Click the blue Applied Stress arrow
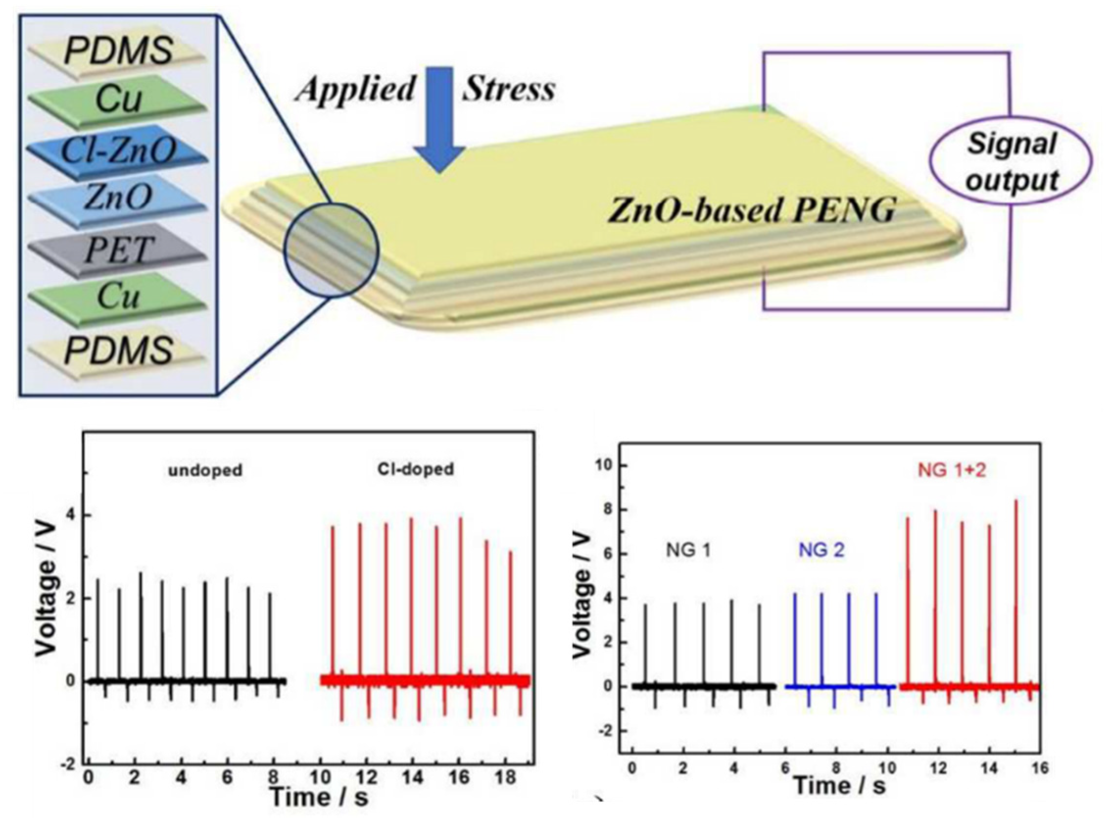coord(438,120)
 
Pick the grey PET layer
coord(118,249)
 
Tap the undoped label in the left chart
coord(205,470)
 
